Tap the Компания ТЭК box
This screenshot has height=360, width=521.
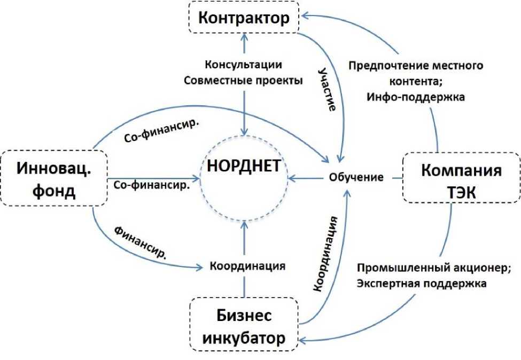tap(461, 179)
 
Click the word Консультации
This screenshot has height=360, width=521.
tap(243, 65)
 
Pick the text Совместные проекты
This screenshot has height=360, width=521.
tap(243, 81)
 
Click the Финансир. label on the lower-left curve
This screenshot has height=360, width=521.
tap(139, 243)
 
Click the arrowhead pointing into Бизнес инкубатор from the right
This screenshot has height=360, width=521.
tap(303, 338)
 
